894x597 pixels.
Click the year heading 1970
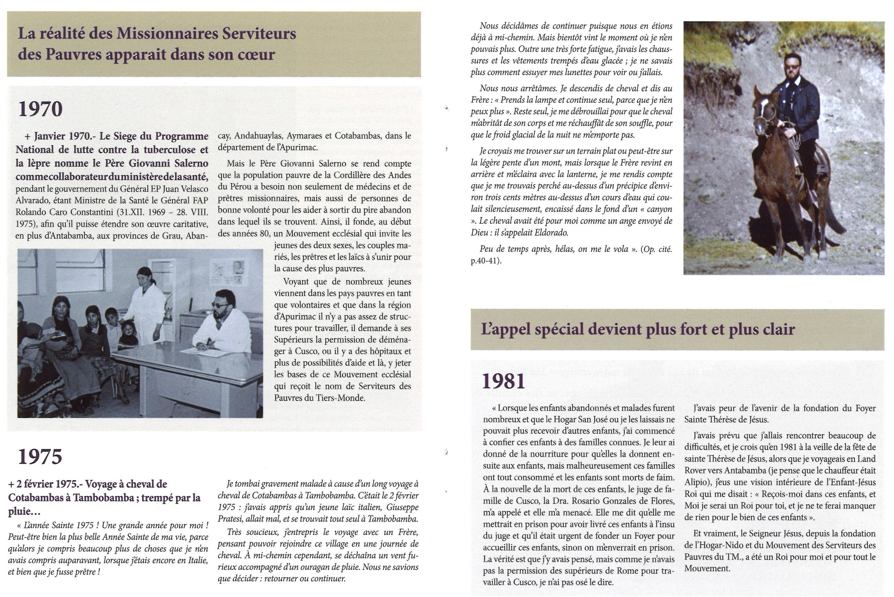(40, 109)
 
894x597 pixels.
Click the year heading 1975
(40, 456)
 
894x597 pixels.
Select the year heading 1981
(504, 381)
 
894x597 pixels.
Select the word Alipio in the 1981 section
(696, 482)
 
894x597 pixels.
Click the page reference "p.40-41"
(485, 261)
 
